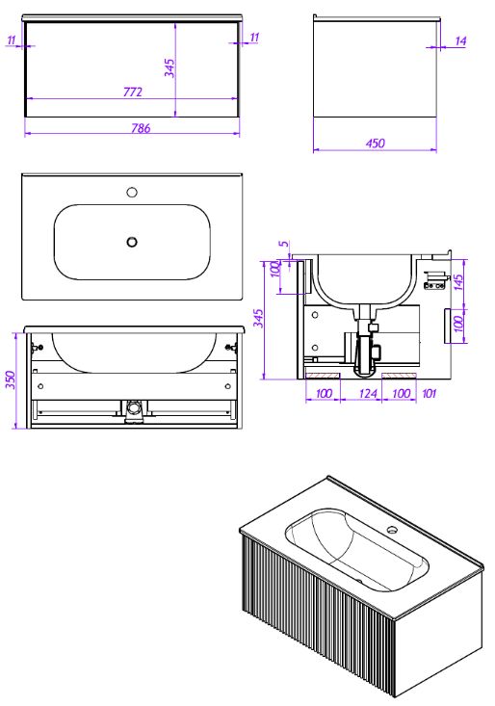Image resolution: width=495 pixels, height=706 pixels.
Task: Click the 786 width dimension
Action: click(x=141, y=128)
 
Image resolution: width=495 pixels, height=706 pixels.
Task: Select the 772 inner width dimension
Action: click(x=132, y=92)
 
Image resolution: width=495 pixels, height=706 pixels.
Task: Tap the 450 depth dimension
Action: click(x=375, y=144)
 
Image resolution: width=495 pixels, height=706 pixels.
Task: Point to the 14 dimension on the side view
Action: click(x=460, y=41)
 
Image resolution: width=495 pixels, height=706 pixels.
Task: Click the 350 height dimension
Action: click(x=11, y=379)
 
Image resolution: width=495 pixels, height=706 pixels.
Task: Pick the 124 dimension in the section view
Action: click(x=367, y=394)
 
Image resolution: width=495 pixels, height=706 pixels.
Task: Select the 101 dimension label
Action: click(x=429, y=394)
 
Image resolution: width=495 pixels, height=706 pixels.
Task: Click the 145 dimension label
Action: click(x=458, y=282)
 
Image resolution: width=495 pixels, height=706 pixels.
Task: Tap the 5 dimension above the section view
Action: click(x=283, y=244)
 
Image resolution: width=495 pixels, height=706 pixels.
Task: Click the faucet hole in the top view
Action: click(x=132, y=193)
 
